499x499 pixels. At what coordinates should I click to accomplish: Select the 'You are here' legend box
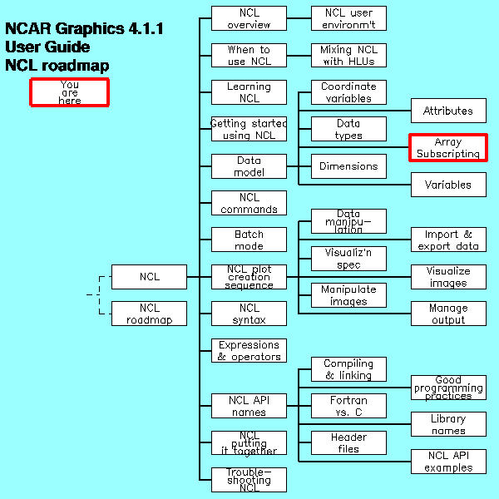click(70, 91)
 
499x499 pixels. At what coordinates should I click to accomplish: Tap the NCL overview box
click(249, 18)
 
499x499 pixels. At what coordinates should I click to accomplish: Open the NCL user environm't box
click(348, 18)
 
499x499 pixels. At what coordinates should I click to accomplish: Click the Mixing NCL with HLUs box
click(348, 55)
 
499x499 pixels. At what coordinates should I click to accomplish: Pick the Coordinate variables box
click(348, 92)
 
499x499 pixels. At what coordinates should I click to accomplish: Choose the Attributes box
click(447, 111)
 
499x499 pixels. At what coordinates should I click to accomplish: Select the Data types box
click(348, 129)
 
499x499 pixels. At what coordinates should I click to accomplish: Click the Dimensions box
click(348, 166)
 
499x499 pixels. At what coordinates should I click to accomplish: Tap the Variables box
click(447, 185)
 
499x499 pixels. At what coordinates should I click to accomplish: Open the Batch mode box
click(249, 240)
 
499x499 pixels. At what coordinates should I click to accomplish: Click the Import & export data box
click(447, 240)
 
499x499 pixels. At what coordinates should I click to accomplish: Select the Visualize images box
click(447, 277)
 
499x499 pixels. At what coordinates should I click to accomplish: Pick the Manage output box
click(447, 314)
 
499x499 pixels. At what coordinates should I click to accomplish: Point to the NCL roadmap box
click(149, 314)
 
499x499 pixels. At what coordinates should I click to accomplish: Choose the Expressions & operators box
click(249, 350)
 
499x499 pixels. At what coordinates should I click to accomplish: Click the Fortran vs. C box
click(348, 406)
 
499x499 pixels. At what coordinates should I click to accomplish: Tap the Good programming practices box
click(447, 388)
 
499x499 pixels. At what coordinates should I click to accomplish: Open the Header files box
click(348, 442)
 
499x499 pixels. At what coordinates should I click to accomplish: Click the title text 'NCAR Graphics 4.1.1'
click(84, 29)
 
